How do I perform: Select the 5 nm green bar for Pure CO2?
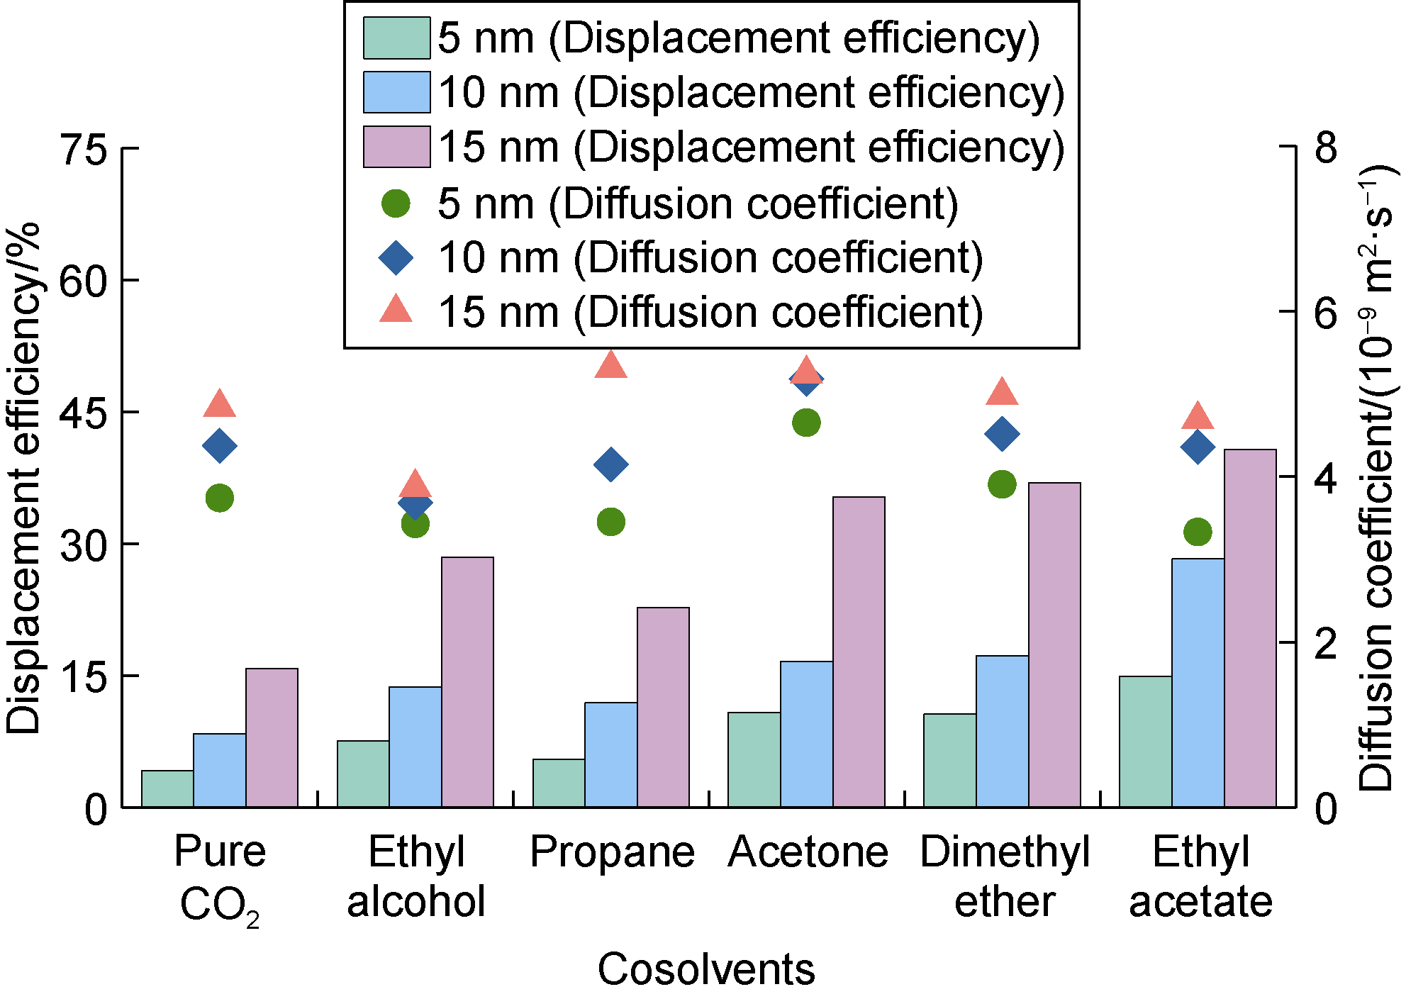[167, 788]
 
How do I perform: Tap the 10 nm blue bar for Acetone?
[807, 734]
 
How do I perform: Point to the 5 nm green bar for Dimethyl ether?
[950, 760]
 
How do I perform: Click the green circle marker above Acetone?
[806, 423]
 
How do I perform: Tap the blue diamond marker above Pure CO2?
[220, 446]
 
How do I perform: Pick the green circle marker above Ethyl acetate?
[1198, 532]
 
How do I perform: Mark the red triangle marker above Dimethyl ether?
[1002, 392]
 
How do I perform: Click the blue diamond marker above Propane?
[611, 465]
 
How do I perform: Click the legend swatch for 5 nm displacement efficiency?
[396, 38]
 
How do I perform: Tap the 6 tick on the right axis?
[1325, 312]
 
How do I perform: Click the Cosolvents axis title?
[706, 969]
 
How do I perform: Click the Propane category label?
[612, 852]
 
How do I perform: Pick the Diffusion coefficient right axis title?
[1377, 479]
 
